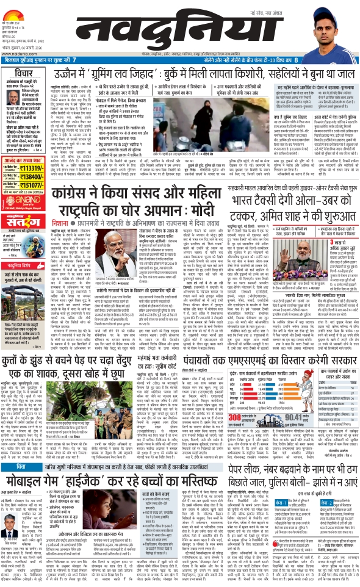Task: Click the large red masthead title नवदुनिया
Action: click(x=174, y=24)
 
